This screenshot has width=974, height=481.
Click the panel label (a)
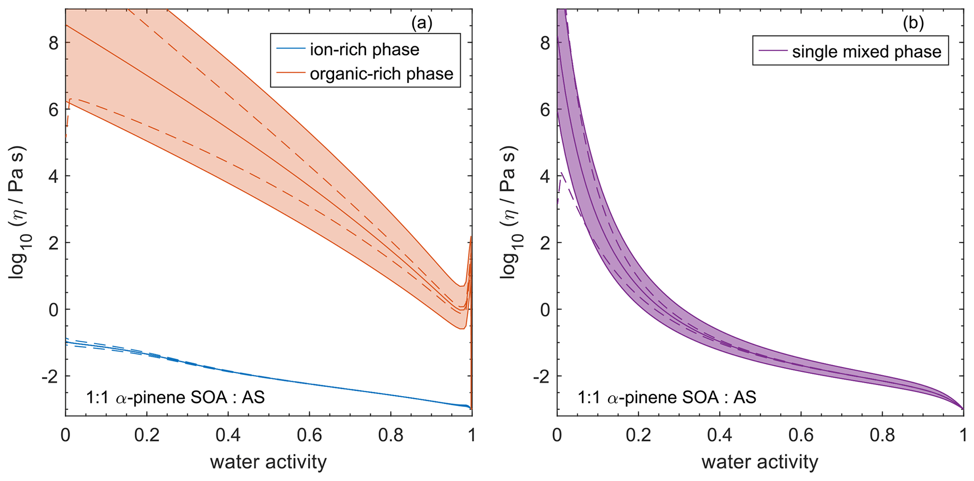coord(421,23)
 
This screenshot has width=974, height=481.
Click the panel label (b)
coord(913,23)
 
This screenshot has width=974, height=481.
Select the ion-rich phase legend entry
coord(364,50)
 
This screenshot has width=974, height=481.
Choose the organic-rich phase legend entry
coord(381,74)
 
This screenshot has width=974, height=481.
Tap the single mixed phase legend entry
coord(867,51)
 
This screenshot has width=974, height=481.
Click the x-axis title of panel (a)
coord(268,462)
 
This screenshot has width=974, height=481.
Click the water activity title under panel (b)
coord(760,462)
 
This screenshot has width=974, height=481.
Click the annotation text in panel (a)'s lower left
coord(175,398)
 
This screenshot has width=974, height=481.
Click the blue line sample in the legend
coord(289,50)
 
